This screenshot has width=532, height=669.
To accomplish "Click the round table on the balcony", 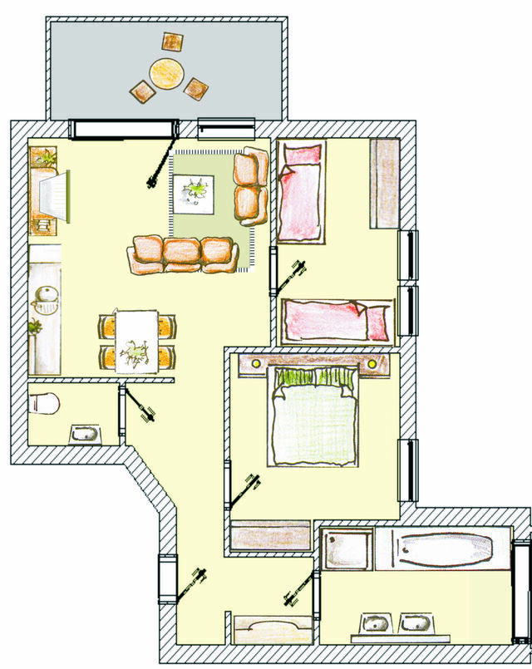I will point(166,72).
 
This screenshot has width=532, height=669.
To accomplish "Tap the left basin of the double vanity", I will point(377,623).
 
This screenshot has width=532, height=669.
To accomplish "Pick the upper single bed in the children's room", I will point(301,191).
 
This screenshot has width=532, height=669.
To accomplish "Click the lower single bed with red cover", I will point(337,320).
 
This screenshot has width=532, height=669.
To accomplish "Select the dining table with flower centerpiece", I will point(138,341).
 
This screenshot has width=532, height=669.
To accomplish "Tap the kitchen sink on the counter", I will point(46,298).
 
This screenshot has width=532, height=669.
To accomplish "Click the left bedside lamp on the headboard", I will point(255,363).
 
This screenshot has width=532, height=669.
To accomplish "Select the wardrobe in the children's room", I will point(385,183).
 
